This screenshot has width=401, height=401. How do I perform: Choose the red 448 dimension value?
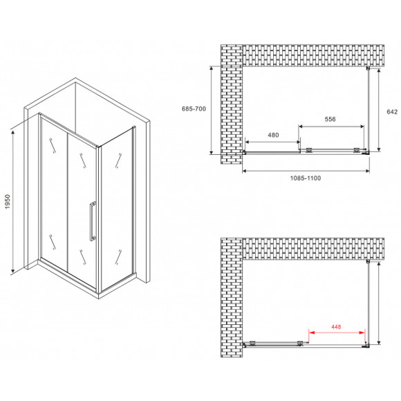(x=336, y=327)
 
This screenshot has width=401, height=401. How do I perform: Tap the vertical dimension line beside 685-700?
(x=211, y=109)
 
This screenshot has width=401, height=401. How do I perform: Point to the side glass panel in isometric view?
(x=116, y=207)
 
